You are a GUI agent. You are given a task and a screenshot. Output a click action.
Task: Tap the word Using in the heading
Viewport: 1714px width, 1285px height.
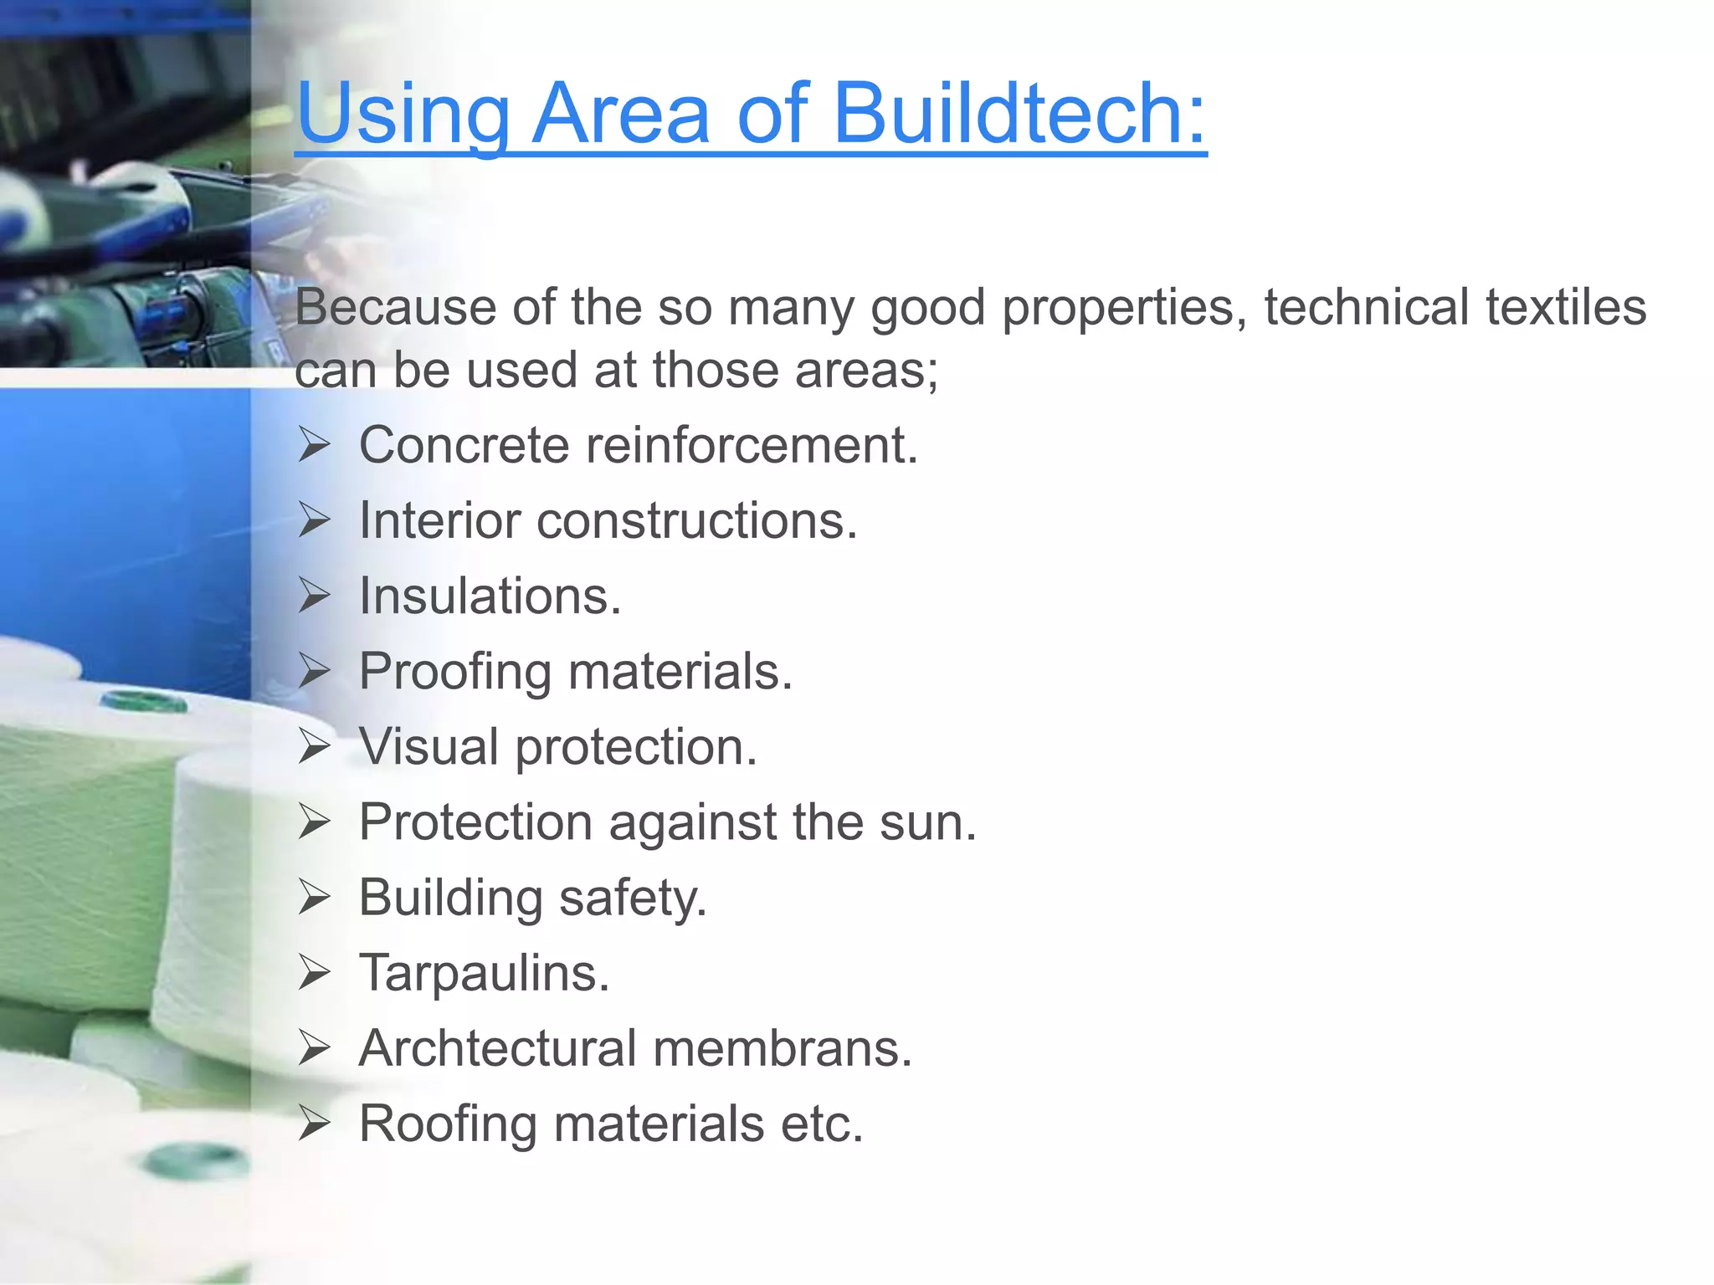coord(403,115)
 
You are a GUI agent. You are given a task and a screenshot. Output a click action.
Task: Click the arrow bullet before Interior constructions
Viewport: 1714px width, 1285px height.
coord(315,520)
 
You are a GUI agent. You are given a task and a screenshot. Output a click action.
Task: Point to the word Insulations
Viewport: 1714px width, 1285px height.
coord(490,596)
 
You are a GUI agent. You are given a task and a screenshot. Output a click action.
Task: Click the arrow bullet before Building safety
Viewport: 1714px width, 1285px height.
coord(315,898)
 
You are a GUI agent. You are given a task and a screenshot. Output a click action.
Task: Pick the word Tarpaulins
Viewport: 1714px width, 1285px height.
coord(484,973)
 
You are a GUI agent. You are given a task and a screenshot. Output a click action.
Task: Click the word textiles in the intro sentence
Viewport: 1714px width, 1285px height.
coord(1566,307)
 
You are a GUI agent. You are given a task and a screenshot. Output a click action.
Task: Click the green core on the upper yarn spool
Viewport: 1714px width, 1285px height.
coord(144,701)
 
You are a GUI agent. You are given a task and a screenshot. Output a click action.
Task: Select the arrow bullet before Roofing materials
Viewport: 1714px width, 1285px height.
coord(315,1124)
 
